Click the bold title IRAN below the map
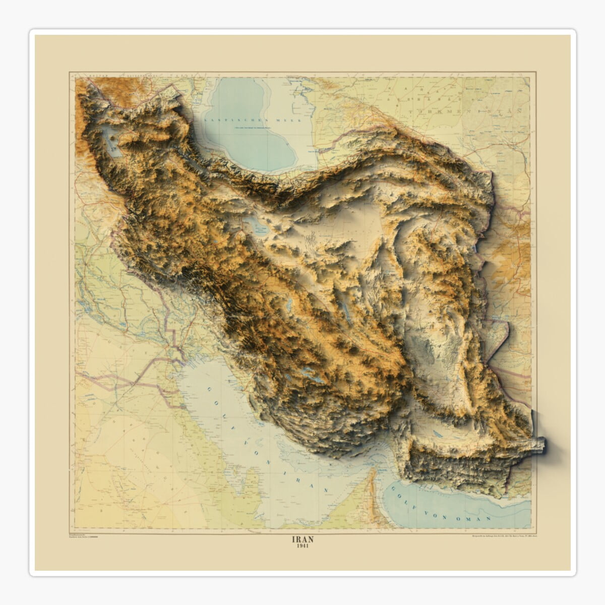(302, 539)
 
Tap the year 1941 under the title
(302, 547)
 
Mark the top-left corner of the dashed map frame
(70, 73)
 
